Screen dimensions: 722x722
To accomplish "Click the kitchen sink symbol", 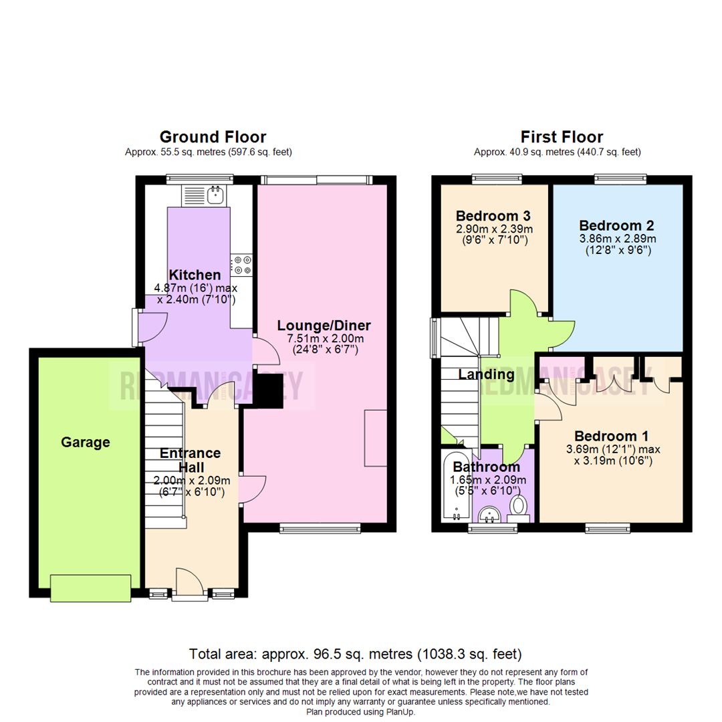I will [215, 195].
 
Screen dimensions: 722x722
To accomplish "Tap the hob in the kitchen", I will [242, 265].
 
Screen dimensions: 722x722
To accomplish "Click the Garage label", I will [86, 442].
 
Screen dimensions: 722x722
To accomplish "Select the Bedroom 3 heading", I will [493, 216].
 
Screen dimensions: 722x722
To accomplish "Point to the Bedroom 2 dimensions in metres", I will [617, 238].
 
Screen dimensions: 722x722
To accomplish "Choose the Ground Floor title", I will [213, 137].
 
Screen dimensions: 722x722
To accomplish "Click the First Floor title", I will [552, 137].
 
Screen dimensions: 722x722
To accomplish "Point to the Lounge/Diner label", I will [324, 326].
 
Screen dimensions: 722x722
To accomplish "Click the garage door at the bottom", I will [90, 588].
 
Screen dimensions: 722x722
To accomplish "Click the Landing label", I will [486, 375].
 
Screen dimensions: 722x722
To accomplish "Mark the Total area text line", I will [355, 653].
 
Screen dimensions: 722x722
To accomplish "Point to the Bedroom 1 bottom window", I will [608, 529].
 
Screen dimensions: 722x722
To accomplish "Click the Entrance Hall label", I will [191, 460].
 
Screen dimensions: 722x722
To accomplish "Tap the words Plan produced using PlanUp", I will [361, 712].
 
